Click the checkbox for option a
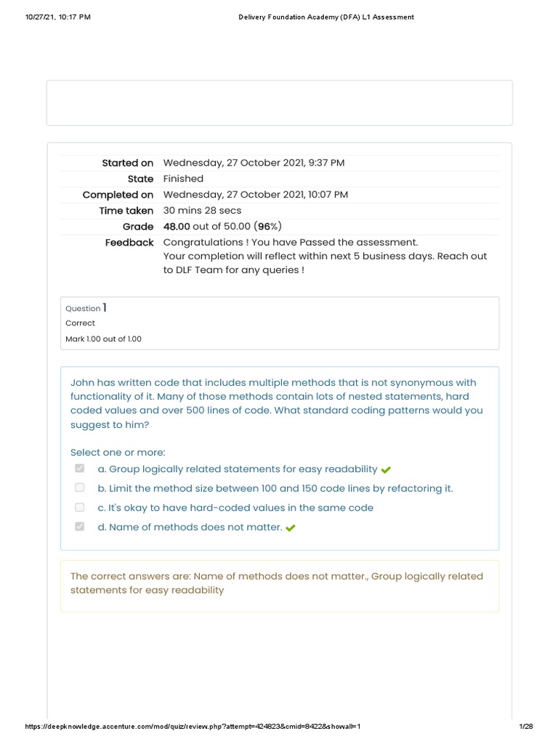coord(80,469)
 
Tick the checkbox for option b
coord(80,488)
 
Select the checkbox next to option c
coord(80,507)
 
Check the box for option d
coord(80,526)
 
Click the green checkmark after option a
coord(386,470)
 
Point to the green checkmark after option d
coord(291,528)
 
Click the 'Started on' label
coord(127,163)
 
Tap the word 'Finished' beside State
coord(183,179)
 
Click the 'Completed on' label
coord(118,195)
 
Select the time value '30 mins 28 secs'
coord(202,211)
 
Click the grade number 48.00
coord(177,227)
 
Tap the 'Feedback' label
coord(129,243)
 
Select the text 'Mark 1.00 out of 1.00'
coord(103,339)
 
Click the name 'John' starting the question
coord(83,382)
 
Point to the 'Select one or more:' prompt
coord(118,452)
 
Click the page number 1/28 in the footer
coord(526,727)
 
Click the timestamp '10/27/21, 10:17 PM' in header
coord(57,17)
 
